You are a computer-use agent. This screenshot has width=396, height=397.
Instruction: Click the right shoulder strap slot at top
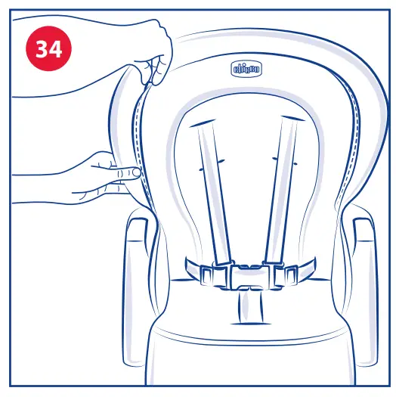point(288,122)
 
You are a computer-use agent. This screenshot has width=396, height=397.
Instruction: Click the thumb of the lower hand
point(128,172)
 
